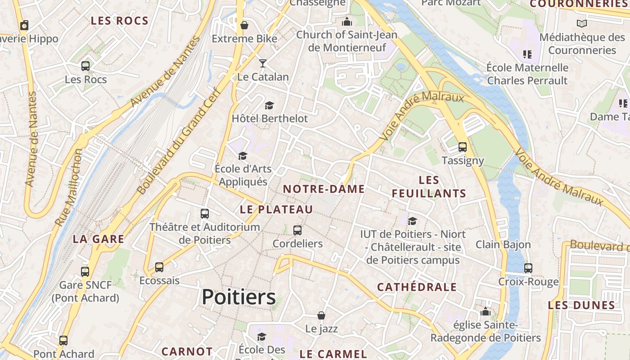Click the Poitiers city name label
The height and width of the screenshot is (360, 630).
pyautogui.click(x=238, y=297)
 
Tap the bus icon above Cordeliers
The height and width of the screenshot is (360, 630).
pyautogui.click(x=297, y=230)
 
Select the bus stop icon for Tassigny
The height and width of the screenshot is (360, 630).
pyautogui.click(x=462, y=147)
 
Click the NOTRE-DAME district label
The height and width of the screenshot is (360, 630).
pyautogui.click(x=324, y=189)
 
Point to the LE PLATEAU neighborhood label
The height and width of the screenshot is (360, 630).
pyautogui.click(x=276, y=209)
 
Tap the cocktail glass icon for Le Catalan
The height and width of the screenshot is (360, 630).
pyautogui.click(x=263, y=63)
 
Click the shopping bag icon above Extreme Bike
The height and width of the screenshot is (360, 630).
pyautogui.click(x=244, y=25)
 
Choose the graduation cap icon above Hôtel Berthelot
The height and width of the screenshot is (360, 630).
pyautogui.click(x=269, y=106)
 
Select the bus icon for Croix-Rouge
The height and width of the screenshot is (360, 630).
pyautogui.click(x=528, y=268)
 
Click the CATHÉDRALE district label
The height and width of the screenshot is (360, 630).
pyautogui.click(x=417, y=287)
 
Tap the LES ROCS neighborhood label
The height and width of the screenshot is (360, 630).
pyautogui.click(x=119, y=21)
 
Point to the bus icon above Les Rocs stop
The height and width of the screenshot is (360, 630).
pyautogui.click(x=85, y=66)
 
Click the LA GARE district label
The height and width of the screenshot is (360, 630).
pyautogui.click(x=99, y=239)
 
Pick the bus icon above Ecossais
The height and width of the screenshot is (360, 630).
pyautogui.click(x=159, y=267)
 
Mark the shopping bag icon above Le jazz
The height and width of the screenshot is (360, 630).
pyautogui.click(x=321, y=315)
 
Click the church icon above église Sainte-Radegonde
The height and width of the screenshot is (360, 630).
pyautogui.click(x=486, y=311)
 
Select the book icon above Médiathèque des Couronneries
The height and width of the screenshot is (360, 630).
pyautogui.click(x=582, y=23)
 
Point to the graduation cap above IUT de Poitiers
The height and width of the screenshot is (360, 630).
pyautogui.click(x=412, y=221)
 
